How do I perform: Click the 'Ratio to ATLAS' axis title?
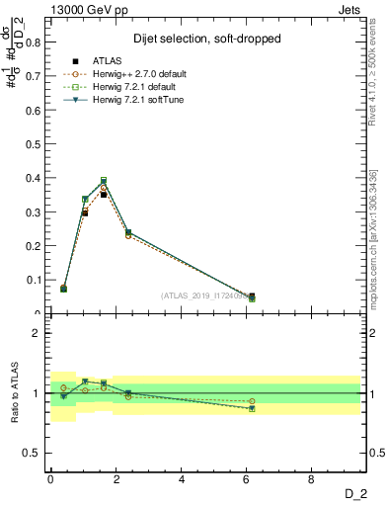(13, 392)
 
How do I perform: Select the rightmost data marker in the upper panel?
(252, 297)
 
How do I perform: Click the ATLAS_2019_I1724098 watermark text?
(206, 295)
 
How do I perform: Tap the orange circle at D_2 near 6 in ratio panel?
(252, 401)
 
